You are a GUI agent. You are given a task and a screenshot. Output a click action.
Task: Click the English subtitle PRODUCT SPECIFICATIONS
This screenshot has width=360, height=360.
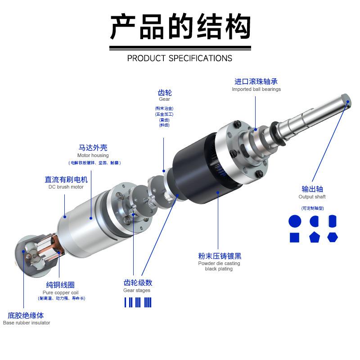[180, 58]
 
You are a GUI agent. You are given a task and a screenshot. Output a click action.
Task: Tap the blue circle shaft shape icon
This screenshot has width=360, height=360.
[295, 221]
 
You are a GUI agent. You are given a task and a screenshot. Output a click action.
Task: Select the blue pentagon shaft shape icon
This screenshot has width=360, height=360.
[314, 237]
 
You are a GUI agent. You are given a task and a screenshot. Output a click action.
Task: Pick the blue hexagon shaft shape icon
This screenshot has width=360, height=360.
[333, 237]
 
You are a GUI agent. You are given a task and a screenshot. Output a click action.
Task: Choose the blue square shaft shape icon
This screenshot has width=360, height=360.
[295, 237]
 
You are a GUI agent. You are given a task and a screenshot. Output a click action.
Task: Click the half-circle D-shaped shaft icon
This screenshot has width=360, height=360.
[314, 221]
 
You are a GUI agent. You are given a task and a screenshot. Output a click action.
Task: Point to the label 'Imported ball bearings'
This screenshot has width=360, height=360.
[256, 89]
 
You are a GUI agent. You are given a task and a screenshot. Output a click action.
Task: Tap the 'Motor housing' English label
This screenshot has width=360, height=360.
[93, 155]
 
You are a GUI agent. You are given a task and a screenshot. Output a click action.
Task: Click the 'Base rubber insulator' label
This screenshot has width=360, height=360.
[27, 323]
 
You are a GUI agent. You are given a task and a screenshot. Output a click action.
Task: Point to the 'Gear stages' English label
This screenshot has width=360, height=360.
[137, 290]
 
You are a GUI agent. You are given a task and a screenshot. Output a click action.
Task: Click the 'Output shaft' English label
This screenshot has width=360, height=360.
[312, 197]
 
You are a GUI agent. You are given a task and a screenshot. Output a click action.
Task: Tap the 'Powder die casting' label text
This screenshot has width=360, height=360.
[219, 263]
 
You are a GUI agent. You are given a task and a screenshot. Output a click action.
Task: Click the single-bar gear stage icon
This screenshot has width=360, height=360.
[126, 302]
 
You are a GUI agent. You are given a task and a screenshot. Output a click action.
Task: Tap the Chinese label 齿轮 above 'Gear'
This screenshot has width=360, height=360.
[165, 93]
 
